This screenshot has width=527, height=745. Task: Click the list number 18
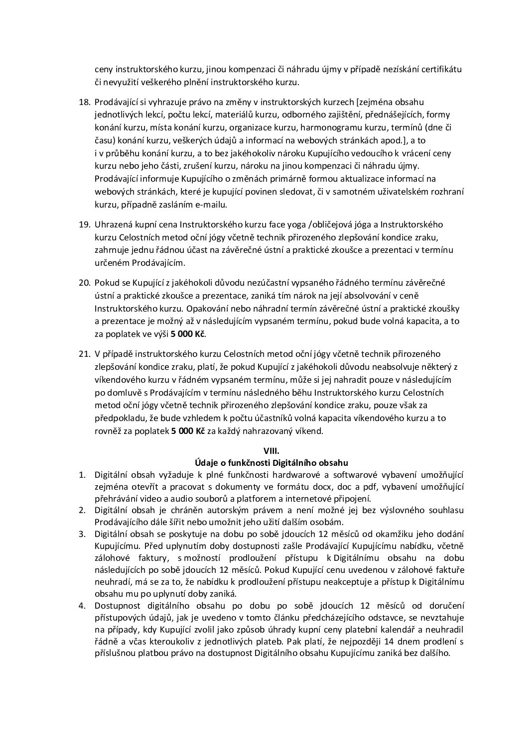coord(84,102)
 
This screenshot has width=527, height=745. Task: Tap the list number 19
coord(84,224)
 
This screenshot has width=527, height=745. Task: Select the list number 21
coord(84,354)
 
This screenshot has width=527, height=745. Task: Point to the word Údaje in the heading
coord(206,462)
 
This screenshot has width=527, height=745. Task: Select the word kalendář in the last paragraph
coord(365,631)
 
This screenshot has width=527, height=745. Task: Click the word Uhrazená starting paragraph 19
coord(114,224)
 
